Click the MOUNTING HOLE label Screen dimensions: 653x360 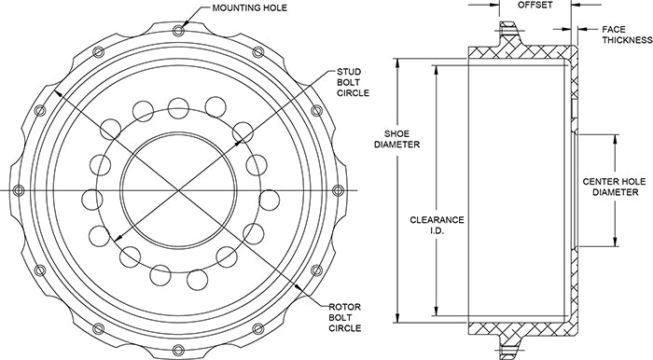[249, 7]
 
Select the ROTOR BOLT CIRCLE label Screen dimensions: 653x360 [345, 317]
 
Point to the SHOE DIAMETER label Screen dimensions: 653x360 [396, 139]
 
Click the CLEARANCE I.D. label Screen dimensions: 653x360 [437, 225]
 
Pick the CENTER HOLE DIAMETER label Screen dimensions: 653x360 [614, 187]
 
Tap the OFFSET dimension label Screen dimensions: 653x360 [535, 5]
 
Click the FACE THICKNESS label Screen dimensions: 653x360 [627, 35]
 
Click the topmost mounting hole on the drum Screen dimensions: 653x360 [179, 31]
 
